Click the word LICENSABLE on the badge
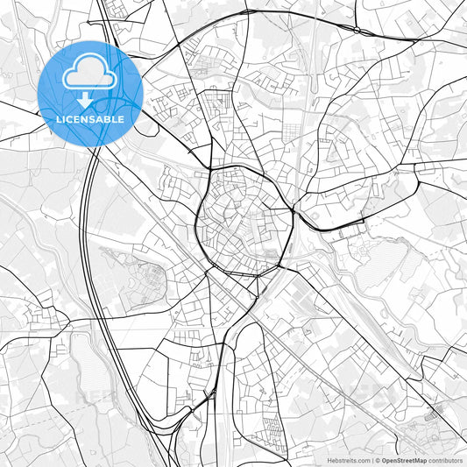pyautogui.click(x=90, y=119)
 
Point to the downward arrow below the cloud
pyautogui.click(x=90, y=101)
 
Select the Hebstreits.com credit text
pyautogui.click(x=349, y=460)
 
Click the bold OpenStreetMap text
pyautogui.click(x=403, y=460)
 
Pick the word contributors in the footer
pyautogui.click(x=446, y=460)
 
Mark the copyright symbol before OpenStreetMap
pyautogui.click(x=377, y=460)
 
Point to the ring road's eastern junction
pyautogui.click(x=293, y=210)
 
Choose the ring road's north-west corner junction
pyautogui.click(x=211, y=168)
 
